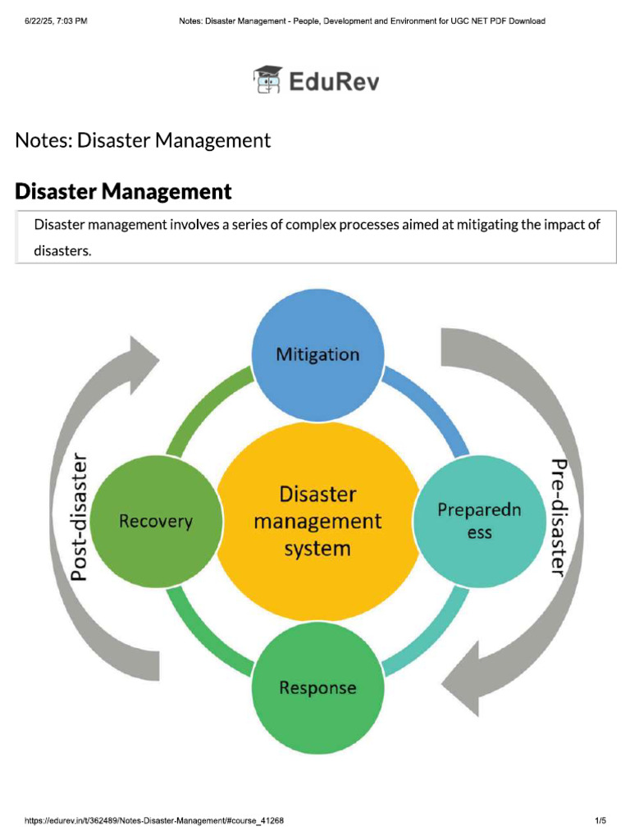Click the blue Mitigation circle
tap(317, 354)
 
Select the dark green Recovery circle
tap(156, 521)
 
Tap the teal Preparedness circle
tap(479, 521)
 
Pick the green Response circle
tap(317, 687)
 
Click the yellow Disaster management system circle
tap(317, 521)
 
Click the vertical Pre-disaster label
tap(559, 518)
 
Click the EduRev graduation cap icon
tap(267, 80)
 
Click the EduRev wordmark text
tap(334, 81)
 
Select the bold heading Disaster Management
tap(123, 192)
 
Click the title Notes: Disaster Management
tap(143, 140)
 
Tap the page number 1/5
tap(600, 820)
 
